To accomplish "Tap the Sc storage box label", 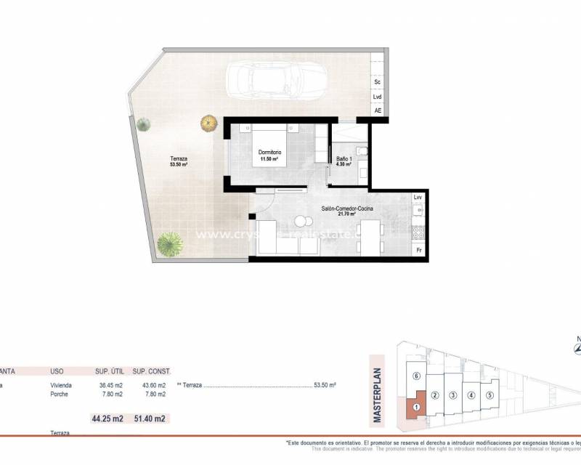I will coord(378,82).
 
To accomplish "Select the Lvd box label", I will coord(378,97).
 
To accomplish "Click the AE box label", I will coord(378,111).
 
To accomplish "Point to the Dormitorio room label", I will coord(269,152).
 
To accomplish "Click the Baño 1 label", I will coord(344,160).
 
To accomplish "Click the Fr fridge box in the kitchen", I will coord(418,250).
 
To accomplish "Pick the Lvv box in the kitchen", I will coord(418,198).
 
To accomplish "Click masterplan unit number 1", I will coord(416,408).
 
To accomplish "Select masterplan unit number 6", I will coord(416,376).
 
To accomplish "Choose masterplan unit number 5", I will coord(490,395).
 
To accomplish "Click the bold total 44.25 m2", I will coord(107,418).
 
